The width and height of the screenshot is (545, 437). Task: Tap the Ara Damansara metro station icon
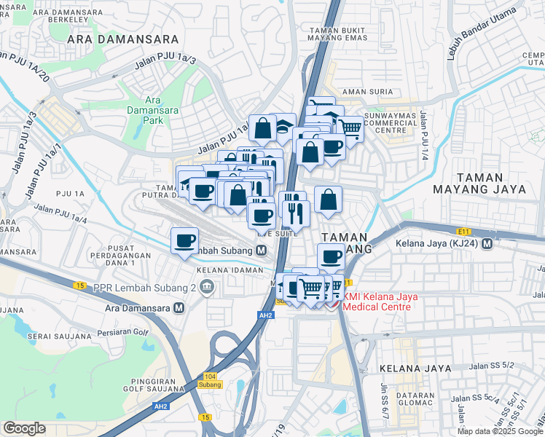coord(178,307)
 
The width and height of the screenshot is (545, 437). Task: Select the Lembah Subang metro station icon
coord(260,251)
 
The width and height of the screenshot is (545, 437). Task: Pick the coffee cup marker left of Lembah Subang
coord(185,240)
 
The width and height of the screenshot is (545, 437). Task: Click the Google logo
coord(25,428)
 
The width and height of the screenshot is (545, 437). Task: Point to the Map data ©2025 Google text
coord(500,431)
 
